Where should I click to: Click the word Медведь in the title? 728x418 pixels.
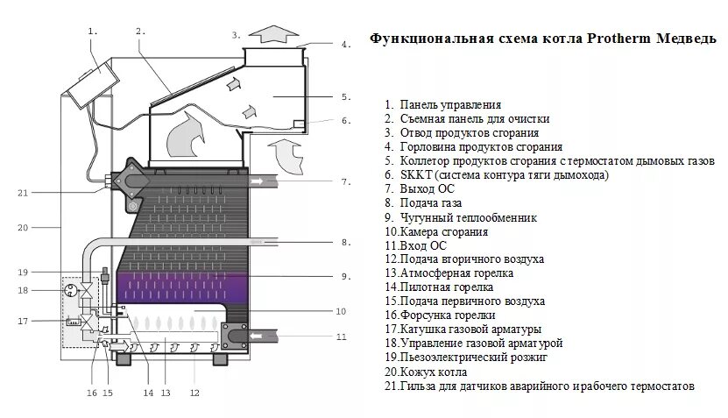(685, 39)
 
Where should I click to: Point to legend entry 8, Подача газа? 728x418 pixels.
(433, 203)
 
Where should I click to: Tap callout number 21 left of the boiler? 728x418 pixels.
(23, 193)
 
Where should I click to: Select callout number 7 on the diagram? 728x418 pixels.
(346, 182)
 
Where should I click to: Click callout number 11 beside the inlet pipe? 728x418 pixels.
(342, 337)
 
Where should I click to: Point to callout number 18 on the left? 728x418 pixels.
(23, 290)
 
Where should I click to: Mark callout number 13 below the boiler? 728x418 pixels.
(165, 393)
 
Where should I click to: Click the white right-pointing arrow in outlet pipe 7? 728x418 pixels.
(260, 181)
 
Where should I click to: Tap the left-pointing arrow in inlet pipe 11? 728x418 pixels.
(260, 336)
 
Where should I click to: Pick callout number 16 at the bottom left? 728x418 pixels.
(91, 393)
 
